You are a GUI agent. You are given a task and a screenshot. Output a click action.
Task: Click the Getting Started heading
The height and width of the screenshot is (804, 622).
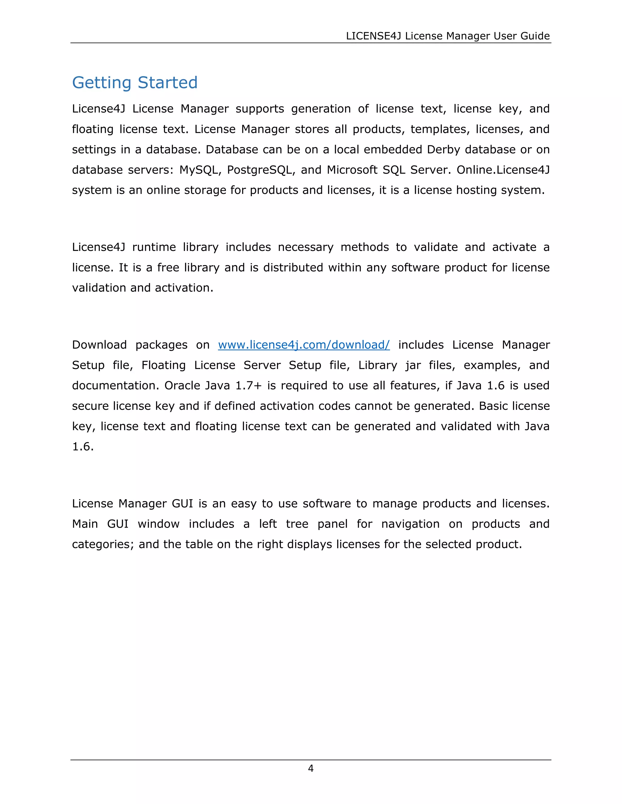pos(135,83)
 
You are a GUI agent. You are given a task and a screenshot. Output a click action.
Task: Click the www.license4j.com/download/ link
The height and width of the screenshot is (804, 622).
pos(304,345)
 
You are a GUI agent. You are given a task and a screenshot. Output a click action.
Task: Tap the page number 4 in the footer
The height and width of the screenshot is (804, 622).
pos(311,768)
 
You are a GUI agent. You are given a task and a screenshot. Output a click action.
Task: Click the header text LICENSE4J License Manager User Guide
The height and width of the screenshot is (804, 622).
pos(448,36)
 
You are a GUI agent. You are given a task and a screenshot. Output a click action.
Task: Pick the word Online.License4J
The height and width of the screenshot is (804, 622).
pos(503,170)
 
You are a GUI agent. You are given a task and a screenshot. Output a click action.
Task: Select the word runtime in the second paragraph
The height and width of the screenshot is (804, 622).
pos(154,247)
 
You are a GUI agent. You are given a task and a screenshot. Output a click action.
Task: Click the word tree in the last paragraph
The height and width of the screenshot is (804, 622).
pos(297,524)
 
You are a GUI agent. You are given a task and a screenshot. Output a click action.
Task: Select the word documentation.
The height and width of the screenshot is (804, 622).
pos(115,385)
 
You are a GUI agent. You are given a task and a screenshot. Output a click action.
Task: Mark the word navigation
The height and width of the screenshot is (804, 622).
pos(410,524)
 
